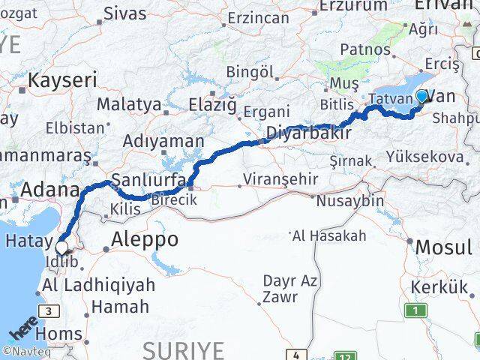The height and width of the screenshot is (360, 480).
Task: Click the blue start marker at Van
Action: click(421, 96)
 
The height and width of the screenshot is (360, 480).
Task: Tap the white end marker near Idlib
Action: click(60, 247)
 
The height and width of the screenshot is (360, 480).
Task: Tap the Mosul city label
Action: click(443, 247)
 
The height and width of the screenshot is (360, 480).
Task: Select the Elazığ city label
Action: click(212, 104)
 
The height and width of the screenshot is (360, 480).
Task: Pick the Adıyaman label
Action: click(163, 141)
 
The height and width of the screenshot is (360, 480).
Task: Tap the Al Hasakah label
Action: click(330, 236)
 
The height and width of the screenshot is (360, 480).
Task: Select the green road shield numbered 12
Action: click(346, 356)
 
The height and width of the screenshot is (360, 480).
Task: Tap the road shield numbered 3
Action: click(49, 311)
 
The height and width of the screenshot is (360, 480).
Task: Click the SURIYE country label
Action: click(183, 349)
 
